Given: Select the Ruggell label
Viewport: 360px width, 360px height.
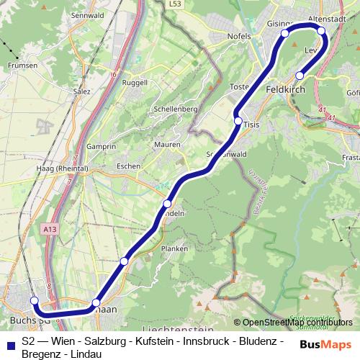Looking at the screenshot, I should [x=135, y=82].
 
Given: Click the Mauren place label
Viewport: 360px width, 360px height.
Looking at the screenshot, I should [x=167, y=145].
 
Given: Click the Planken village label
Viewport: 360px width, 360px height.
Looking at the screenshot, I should [x=174, y=248].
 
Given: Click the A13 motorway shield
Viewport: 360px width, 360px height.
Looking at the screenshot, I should [x=49, y=229].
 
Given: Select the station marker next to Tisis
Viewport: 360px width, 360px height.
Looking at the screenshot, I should [x=238, y=121].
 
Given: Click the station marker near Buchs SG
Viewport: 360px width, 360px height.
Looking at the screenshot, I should [x=34, y=301].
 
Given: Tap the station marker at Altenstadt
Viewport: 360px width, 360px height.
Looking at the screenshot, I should [x=321, y=31].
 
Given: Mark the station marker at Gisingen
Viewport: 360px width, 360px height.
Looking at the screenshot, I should [x=285, y=33].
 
